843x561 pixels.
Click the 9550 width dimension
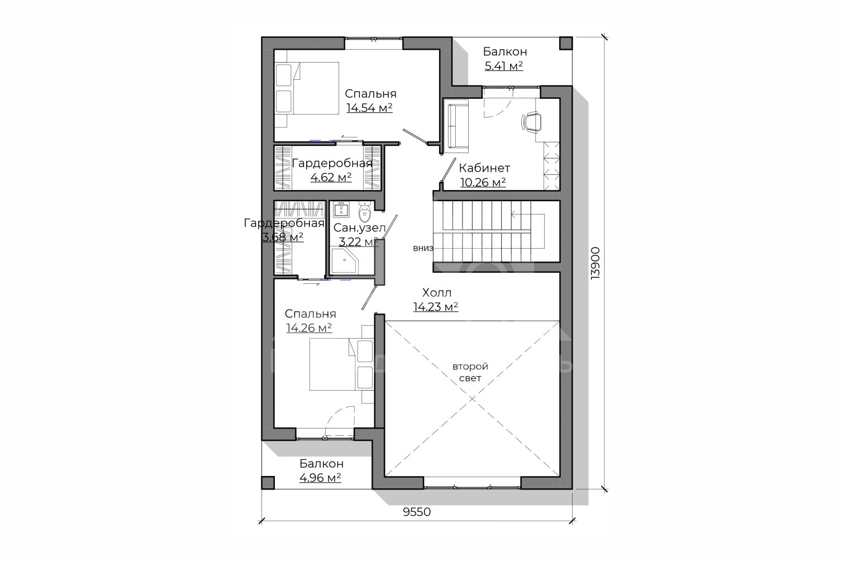coord(417,512)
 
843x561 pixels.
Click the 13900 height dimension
coord(595,263)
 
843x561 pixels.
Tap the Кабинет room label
coord(484,168)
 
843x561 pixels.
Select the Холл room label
coord(436,293)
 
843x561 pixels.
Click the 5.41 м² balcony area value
coord(503,66)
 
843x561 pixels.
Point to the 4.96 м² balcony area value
coord(320,478)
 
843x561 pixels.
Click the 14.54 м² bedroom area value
coord(370,108)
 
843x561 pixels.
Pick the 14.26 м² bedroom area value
coord(309,328)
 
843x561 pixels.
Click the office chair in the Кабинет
coord(531,122)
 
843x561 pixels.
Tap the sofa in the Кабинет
coord(456,126)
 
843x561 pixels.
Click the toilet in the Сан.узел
coord(365,212)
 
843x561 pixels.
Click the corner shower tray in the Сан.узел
coord(344,260)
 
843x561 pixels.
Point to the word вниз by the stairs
coord(423,248)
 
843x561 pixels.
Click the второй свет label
coord(470,372)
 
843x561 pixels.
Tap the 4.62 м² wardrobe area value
coord(331,177)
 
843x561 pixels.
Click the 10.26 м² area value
coord(483,183)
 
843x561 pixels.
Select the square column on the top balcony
coord(566,43)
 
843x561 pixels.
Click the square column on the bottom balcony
coord(268,483)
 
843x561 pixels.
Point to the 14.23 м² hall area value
coord(436,307)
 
